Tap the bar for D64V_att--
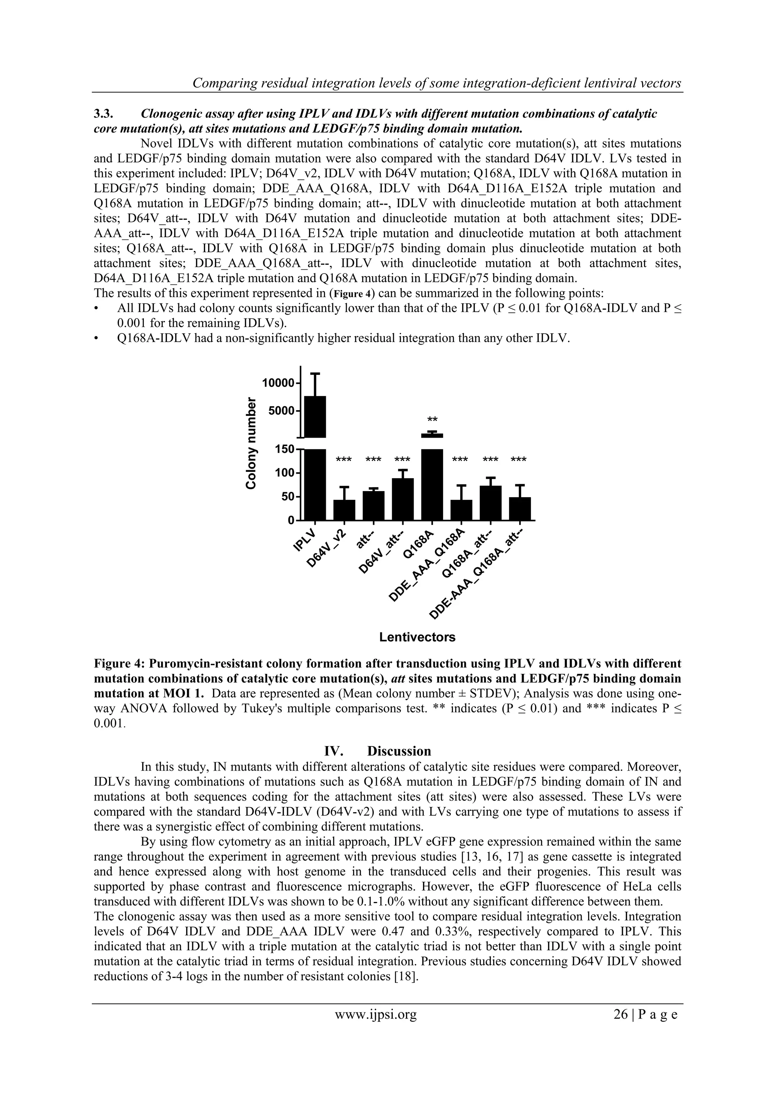point(403,499)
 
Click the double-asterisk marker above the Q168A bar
point(432,420)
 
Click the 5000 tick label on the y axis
point(281,411)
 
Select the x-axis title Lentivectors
point(417,637)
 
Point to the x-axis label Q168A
point(417,544)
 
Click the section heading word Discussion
point(399,751)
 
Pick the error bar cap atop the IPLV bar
point(315,373)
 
